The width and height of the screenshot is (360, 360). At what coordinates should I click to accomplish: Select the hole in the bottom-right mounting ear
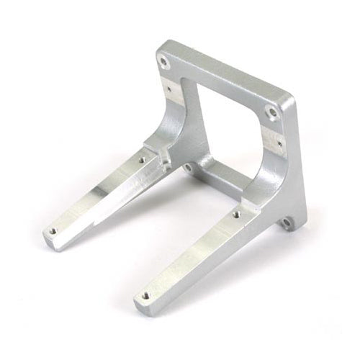[284, 225]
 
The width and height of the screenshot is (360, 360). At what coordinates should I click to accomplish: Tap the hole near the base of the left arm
[142, 160]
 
